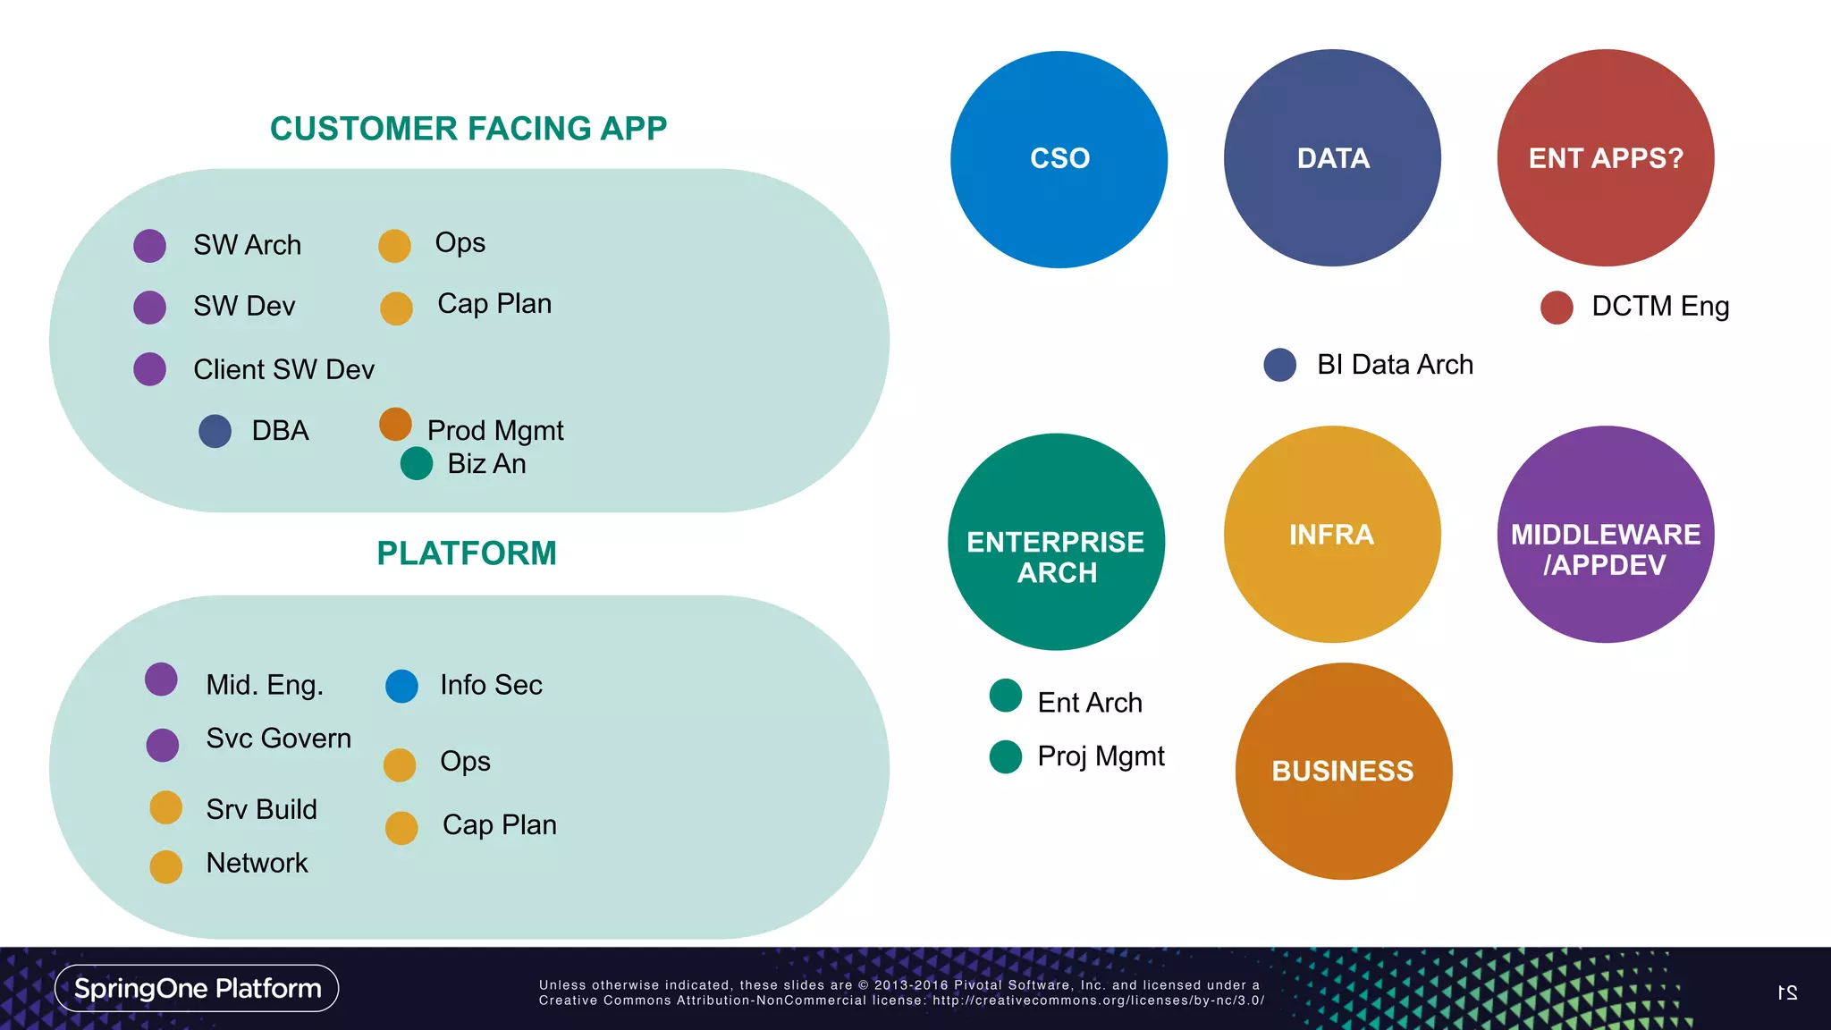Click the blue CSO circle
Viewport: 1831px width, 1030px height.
[1059, 159]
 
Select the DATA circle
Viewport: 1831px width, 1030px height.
[1332, 158]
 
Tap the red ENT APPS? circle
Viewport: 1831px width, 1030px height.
[1606, 158]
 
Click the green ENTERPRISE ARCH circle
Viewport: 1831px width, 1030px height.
[1056, 542]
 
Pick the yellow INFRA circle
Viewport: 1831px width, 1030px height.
[1332, 535]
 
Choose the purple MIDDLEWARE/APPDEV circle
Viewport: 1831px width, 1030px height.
[1606, 535]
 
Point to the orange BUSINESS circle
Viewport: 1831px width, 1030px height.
[1343, 771]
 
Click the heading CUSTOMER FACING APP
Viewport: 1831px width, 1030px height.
[468, 129]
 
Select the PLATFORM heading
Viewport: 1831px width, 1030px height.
[467, 553]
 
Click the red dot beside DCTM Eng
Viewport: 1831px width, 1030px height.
[1557, 307]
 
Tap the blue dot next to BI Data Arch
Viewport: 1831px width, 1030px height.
[1279, 365]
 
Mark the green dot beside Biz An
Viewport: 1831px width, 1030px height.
[417, 463]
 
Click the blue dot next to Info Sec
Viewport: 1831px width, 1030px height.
[401, 686]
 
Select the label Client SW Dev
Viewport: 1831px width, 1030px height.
[283, 369]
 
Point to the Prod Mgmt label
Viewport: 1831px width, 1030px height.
[495, 431]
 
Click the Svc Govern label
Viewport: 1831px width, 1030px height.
[278, 739]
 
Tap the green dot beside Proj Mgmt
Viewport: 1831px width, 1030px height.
[1006, 756]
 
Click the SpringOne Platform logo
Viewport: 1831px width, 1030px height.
[197, 988]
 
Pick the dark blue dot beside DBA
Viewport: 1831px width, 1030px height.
[215, 431]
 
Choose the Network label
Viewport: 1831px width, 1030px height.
[257, 863]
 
